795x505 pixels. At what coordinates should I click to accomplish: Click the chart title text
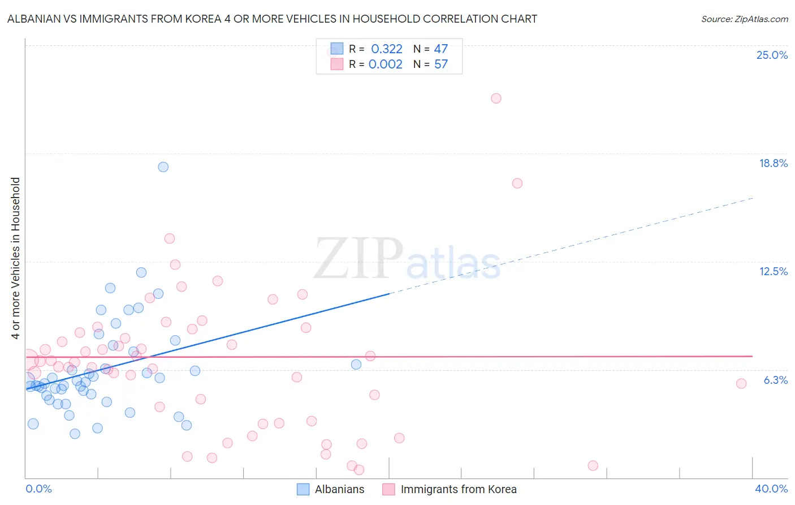coord(272,19)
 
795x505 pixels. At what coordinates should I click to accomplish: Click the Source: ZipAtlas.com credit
coord(744,19)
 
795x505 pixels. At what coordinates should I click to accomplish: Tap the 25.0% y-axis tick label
coord(772,55)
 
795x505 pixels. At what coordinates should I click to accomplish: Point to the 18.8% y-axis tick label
coord(773,163)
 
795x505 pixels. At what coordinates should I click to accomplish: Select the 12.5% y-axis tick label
coord(773,271)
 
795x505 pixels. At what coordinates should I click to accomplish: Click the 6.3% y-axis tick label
coord(775,380)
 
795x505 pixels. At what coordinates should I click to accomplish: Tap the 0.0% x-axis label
coord(38,489)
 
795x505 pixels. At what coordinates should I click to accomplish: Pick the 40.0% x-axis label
coord(771,489)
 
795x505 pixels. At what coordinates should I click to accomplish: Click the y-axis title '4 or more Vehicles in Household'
coord(15,258)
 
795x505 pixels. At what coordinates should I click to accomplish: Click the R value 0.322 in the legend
coord(387,49)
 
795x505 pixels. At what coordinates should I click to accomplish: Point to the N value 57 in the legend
coord(441,65)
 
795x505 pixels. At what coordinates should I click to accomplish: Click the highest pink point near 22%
coord(496,99)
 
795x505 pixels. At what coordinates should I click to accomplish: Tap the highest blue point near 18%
coord(163,167)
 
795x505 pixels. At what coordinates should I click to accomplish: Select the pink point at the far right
coord(741,383)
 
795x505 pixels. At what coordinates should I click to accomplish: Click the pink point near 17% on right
coord(517,183)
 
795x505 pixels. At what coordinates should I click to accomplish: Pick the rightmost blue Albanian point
coord(356,365)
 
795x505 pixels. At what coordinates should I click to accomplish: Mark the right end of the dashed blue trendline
coord(753,198)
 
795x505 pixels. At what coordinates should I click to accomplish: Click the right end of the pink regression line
coord(752,356)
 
